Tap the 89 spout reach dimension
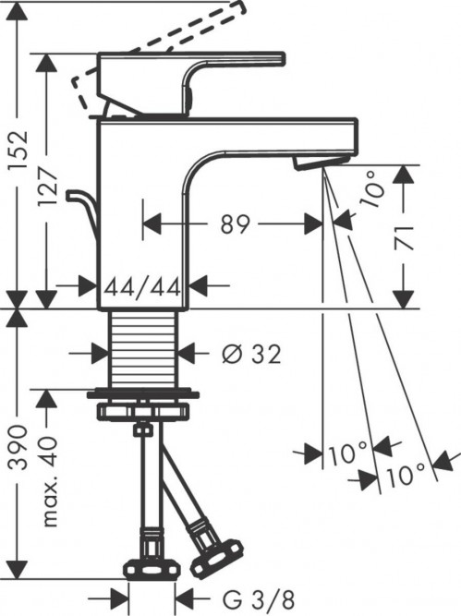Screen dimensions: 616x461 [237, 223]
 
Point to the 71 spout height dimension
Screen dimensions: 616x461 [404, 236]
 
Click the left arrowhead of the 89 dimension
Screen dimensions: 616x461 [150, 223]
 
